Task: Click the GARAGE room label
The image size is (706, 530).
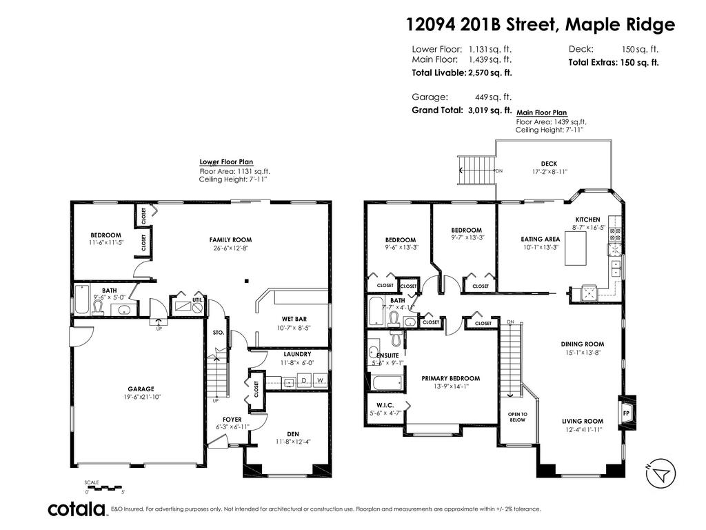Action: pyautogui.click(x=141, y=389)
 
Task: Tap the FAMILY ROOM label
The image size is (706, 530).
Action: pyautogui.click(x=230, y=239)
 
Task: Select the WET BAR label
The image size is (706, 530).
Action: pyautogui.click(x=294, y=319)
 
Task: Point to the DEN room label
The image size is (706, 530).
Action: pyautogui.click(x=293, y=434)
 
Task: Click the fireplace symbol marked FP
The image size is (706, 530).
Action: pyautogui.click(x=626, y=413)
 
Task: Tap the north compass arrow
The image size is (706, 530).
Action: pyautogui.click(x=661, y=473)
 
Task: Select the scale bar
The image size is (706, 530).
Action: pyautogui.click(x=103, y=487)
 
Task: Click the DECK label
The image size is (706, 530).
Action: pyautogui.click(x=549, y=164)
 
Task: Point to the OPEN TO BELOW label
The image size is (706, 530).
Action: pyautogui.click(x=517, y=417)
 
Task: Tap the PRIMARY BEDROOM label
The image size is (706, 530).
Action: pyautogui.click(x=451, y=379)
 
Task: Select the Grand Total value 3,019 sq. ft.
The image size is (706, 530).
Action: pyautogui.click(x=490, y=110)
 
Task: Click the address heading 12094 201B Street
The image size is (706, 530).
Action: pyautogui.click(x=482, y=24)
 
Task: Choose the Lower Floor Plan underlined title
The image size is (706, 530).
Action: pyautogui.click(x=226, y=161)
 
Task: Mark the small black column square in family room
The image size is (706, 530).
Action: pyautogui.click(x=246, y=282)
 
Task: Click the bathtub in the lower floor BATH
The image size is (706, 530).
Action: pyautogui.click(x=81, y=300)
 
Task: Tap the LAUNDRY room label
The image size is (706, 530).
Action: pyautogui.click(x=297, y=354)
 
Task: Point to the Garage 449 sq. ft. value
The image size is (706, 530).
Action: pyautogui.click(x=493, y=97)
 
